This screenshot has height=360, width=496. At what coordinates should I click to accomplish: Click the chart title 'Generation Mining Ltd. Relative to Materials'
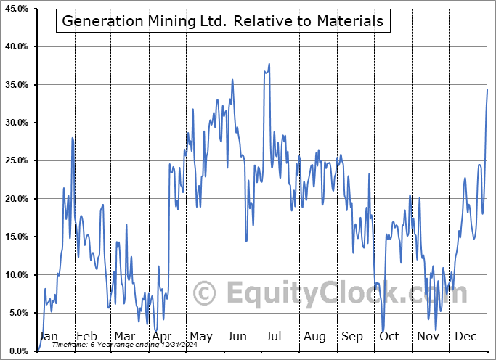pyautogui.click(x=223, y=21)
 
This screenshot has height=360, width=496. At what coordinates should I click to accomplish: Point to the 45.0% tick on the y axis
pyautogui.click(x=17, y=9)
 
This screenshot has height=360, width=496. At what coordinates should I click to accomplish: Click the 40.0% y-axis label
pyautogui.click(x=17, y=46)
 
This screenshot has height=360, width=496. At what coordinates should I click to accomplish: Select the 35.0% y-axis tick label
pyautogui.click(x=17, y=85)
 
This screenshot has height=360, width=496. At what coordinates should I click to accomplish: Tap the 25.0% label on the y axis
pyautogui.click(x=17, y=160)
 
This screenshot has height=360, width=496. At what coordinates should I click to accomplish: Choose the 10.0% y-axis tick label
pyautogui.click(x=17, y=274)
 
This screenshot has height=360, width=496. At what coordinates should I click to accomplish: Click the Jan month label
pyautogui.click(x=47, y=337)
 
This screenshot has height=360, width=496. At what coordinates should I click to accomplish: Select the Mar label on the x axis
pyautogui.click(x=125, y=337)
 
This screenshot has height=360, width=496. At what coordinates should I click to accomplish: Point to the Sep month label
pyautogui.click(x=352, y=337)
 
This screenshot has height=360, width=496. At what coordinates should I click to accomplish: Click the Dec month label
pyautogui.click(x=466, y=337)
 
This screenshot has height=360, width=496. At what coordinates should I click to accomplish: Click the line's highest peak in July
pyautogui.click(x=269, y=64)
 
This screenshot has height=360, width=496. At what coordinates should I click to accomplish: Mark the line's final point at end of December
pyautogui.click(x=487, y=89)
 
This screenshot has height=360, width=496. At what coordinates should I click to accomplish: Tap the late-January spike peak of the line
pyautogui.click(x=73, y=138)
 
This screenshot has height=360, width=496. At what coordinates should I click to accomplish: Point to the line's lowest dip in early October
pyautogui.click(x=383, y=331)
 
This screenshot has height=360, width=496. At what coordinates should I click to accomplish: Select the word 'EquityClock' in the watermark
pyautogui.click(x=312, y=294)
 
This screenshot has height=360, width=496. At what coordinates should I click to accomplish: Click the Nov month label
pyautogui.click(x=428, y=337)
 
